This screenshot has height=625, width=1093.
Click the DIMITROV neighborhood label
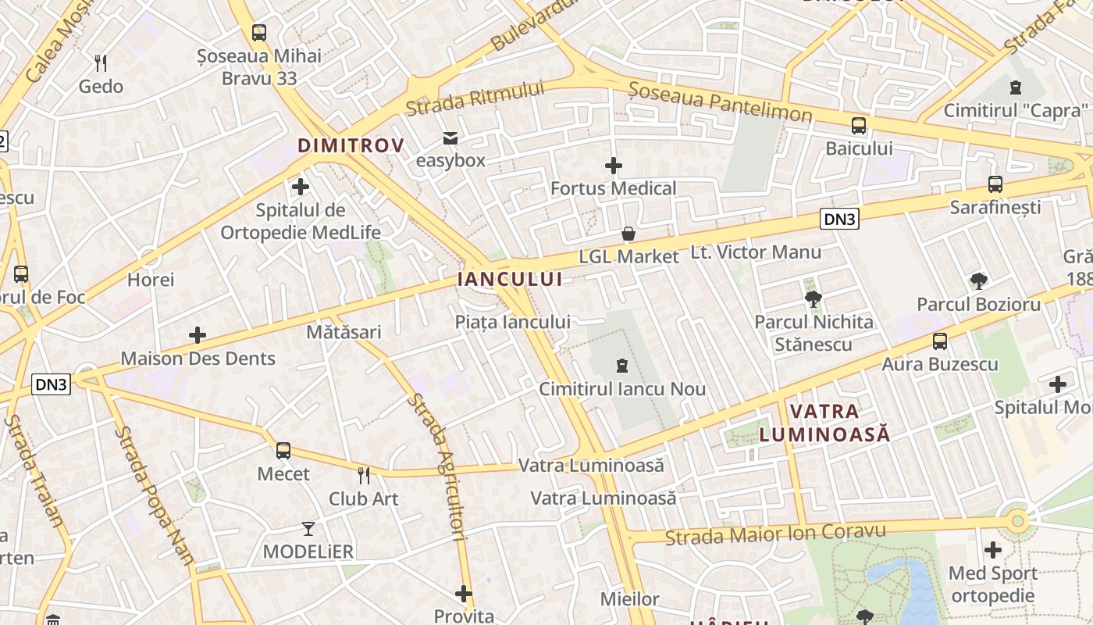click(351, 145)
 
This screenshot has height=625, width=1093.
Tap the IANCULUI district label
click(510, 279)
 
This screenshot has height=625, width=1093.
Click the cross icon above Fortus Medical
click(614, 166)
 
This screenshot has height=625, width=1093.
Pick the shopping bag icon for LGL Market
click(628, 234)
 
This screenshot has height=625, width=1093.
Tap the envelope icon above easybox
click(450, 138)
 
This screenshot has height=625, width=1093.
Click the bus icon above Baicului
click(859, 125)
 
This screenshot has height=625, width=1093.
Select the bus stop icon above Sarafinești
click(995, 184)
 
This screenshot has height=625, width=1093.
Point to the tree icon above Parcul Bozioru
click(978, 281)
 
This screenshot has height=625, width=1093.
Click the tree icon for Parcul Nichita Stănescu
click(813, 298)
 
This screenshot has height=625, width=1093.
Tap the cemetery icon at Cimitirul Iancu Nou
click(622, 366)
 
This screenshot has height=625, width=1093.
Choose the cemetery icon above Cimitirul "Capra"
click(1015, 87)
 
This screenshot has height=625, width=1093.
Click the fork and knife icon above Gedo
click(100, 62)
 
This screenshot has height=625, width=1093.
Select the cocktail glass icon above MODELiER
click(308, 529)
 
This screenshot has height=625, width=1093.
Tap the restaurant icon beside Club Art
click(363, 475)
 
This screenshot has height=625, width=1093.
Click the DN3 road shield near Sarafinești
click(839, 220)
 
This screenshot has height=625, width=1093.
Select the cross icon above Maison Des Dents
click(198, 336)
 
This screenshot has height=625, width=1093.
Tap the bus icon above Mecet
click(283, 451)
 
